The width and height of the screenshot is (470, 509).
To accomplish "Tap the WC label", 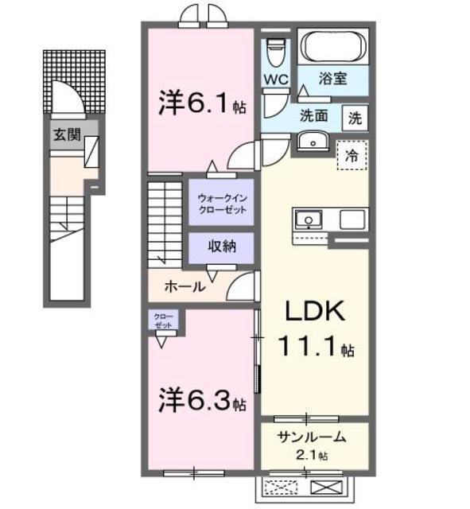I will [276, 80].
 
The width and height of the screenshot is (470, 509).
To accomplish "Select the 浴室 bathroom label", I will [332, 80].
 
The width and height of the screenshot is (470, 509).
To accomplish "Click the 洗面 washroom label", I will [313, 115].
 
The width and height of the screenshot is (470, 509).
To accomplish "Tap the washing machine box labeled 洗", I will [355, 119].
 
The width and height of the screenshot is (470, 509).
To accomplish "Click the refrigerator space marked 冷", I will [351, 157].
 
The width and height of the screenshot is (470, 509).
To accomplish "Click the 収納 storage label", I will [222, 247].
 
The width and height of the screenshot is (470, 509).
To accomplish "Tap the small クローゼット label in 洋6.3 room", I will [162, 321].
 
